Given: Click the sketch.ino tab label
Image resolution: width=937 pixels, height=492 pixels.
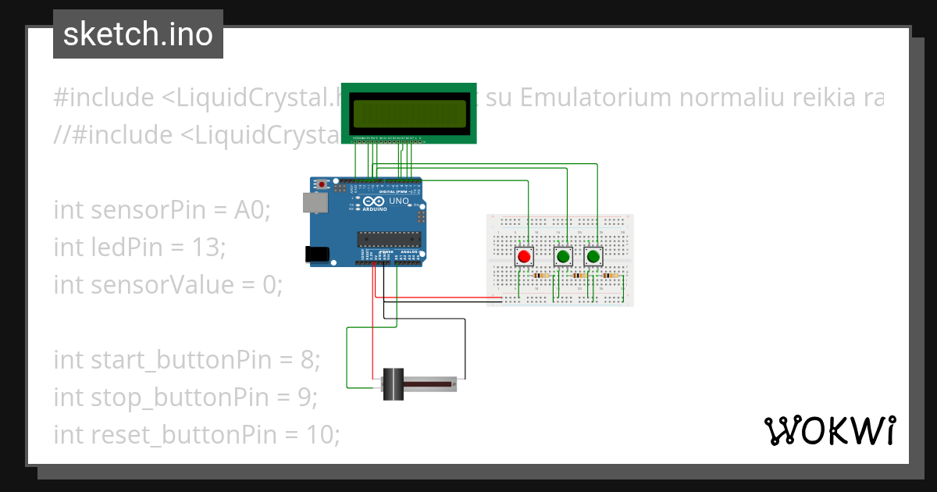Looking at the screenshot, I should (138, 34).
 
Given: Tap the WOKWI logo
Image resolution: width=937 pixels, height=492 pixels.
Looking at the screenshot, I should (829, 430).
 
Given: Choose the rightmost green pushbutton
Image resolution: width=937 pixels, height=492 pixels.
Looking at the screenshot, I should (594, 256).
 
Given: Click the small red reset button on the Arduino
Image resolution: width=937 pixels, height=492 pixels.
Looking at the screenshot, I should (322, 185).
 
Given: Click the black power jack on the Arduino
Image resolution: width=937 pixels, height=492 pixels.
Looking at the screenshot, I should (316, 254).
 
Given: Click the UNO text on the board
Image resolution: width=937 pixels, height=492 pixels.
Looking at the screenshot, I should (399, 201).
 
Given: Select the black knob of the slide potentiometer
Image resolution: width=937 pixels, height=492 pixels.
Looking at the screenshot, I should (393, 385).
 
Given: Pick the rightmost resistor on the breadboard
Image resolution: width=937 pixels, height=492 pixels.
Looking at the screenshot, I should (611, 276).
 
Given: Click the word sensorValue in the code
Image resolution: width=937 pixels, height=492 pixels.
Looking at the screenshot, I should (158, 285).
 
